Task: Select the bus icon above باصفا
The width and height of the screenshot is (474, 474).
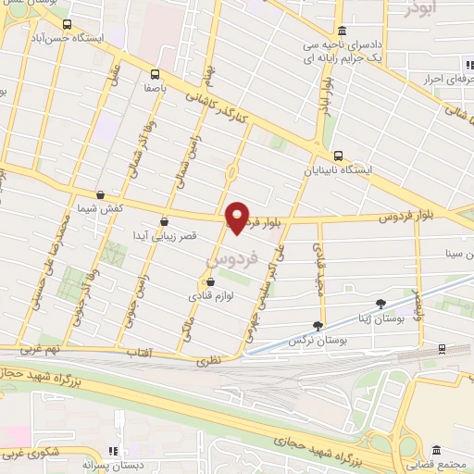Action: coord(154,74)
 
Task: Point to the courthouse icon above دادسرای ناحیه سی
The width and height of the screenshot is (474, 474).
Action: coord(342,30)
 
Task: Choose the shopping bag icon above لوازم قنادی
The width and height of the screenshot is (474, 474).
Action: coord(210,282)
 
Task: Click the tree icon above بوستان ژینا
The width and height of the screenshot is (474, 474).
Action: coord(380,304)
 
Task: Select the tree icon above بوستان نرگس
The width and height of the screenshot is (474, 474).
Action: coord(319,325)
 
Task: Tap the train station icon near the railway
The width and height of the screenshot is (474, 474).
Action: coord(441,349)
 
